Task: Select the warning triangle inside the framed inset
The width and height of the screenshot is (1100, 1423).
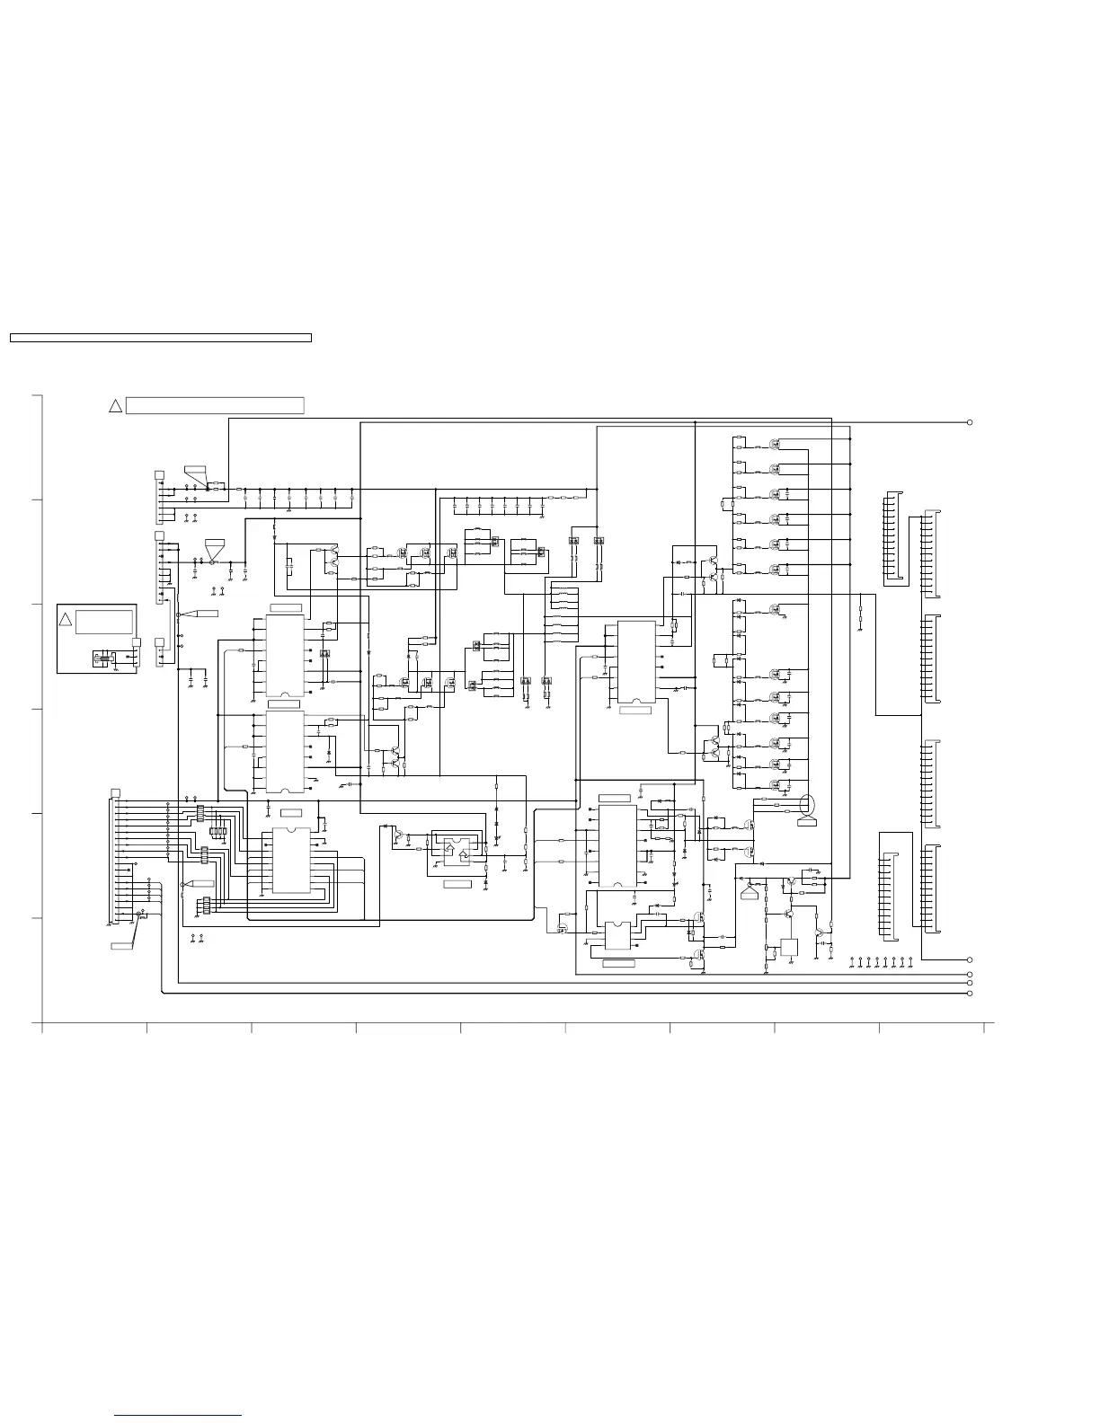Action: point(65,620)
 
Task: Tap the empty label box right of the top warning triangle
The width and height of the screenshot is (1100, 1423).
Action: point(215,405)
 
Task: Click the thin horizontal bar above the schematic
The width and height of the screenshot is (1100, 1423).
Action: point(160,338)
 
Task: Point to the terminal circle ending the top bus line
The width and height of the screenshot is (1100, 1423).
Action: point(970,422)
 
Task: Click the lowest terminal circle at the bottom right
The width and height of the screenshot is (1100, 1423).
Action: point(970,994)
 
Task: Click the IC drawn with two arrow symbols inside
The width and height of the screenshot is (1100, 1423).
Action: point(457,850)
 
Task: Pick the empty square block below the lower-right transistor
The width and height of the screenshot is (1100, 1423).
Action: point(789,947)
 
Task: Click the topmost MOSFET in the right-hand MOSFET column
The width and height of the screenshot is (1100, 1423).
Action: point(775,444)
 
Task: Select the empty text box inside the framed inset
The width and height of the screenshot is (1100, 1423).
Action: point(105,622)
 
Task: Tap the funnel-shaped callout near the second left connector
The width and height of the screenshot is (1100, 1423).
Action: point(214,547)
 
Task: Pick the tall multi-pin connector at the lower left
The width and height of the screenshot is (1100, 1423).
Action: point(114,858)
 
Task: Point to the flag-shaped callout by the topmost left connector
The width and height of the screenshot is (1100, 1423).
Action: point(195,473)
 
